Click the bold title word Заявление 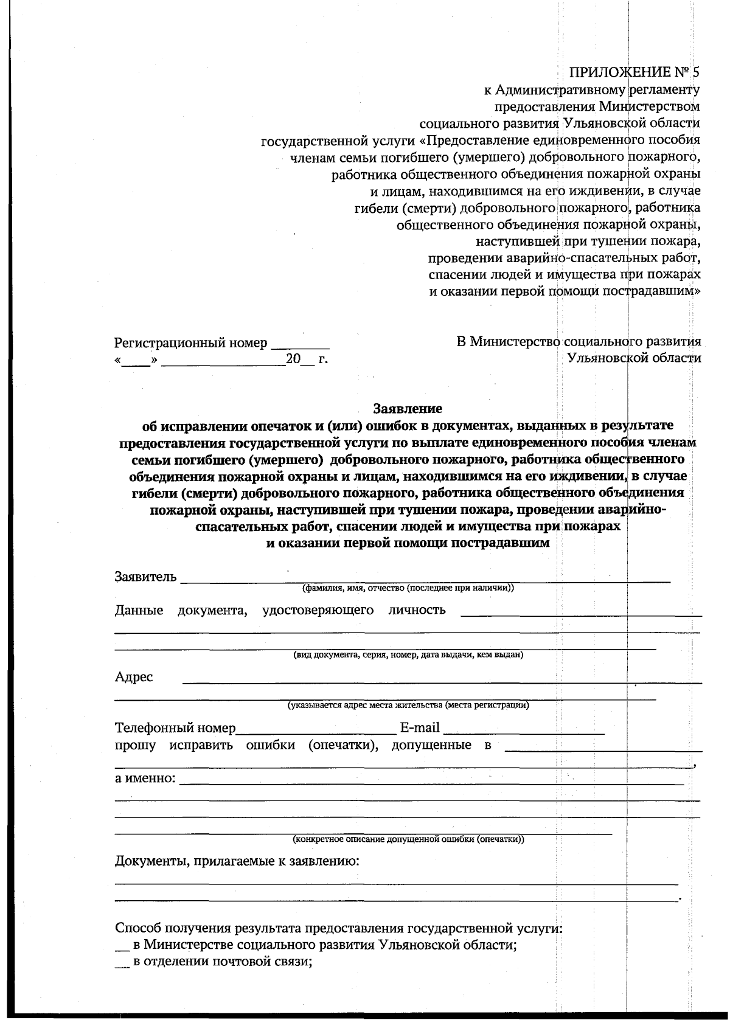click(x=407, y=408)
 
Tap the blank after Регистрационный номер click(x=300, y=343)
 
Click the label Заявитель click(x=145, y=577)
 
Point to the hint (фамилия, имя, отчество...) click(x=408, y=588)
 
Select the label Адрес click(x=134, y=677)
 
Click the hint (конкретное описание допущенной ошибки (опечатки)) click(x=408, y=839)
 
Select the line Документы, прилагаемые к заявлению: click(x=237, y=861)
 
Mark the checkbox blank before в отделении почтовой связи click(x=122, y=962)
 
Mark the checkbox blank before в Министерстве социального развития click(x=122, y=946)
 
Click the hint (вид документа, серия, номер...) click(x=408, y=655)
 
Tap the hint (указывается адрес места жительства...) click(x=408, y=706)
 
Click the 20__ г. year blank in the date click(x=308, y=360)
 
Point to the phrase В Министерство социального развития click(x=579, y=342)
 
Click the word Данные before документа click(x=139, y=610)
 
